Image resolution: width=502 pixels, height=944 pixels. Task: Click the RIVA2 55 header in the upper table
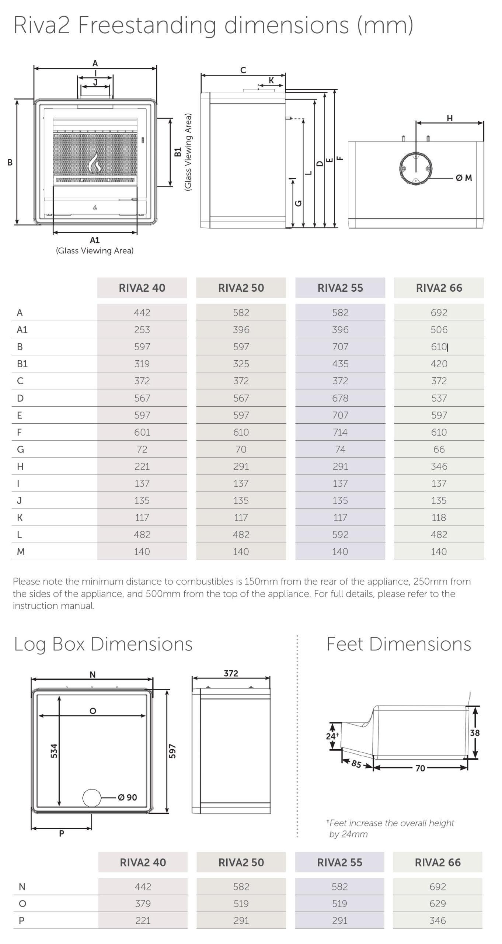coord(340,288)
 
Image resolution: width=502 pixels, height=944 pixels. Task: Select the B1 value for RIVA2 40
coord(142,364)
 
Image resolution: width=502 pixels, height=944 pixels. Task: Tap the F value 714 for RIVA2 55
coord(340,432)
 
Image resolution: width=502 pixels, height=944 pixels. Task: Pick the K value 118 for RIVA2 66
coord(439,517)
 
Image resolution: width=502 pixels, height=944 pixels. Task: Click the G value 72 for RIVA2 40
coord(142,449)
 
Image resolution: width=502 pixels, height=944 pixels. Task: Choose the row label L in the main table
coord(19,534)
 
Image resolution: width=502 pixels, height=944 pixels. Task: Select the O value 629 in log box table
coord(437,903)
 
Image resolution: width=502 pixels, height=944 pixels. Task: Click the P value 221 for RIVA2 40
coord(143,920)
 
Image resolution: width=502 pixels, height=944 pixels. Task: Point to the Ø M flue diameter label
coord(464,178)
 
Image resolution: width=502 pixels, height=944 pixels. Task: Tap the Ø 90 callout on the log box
coord(128,797)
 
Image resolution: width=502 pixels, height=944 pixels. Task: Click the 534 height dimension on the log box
coord(54,751)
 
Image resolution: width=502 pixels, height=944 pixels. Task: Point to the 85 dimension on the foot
coord(356,763)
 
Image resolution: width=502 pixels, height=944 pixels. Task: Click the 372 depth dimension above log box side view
coord(231,673)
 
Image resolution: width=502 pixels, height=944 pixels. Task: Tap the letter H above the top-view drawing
coord(449,118)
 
